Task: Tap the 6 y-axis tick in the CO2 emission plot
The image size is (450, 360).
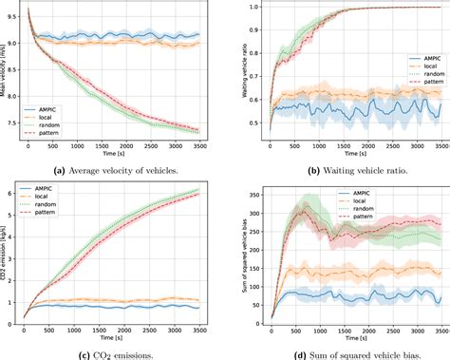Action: pos(17,193)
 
